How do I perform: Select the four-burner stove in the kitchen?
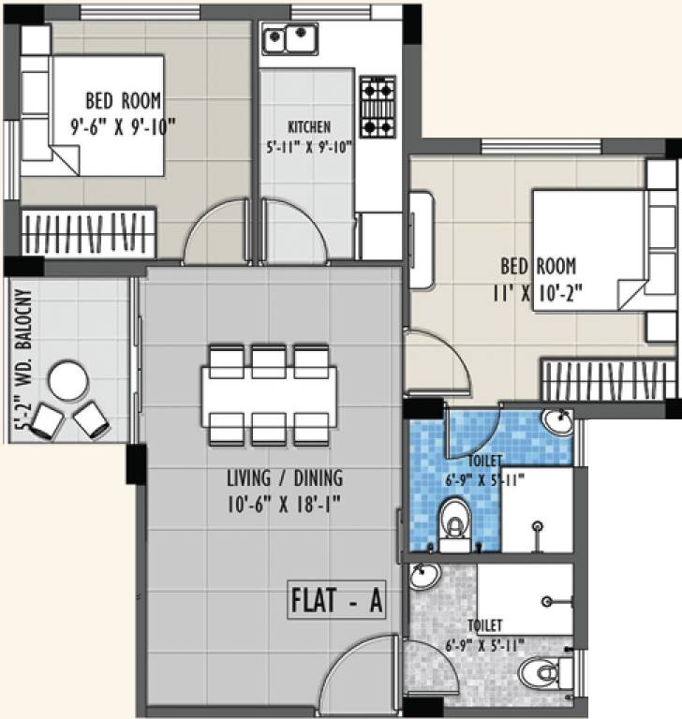378,107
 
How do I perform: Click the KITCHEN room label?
308,127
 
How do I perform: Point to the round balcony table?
69,382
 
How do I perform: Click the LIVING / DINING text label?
284,478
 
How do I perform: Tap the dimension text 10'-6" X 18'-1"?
284,505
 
